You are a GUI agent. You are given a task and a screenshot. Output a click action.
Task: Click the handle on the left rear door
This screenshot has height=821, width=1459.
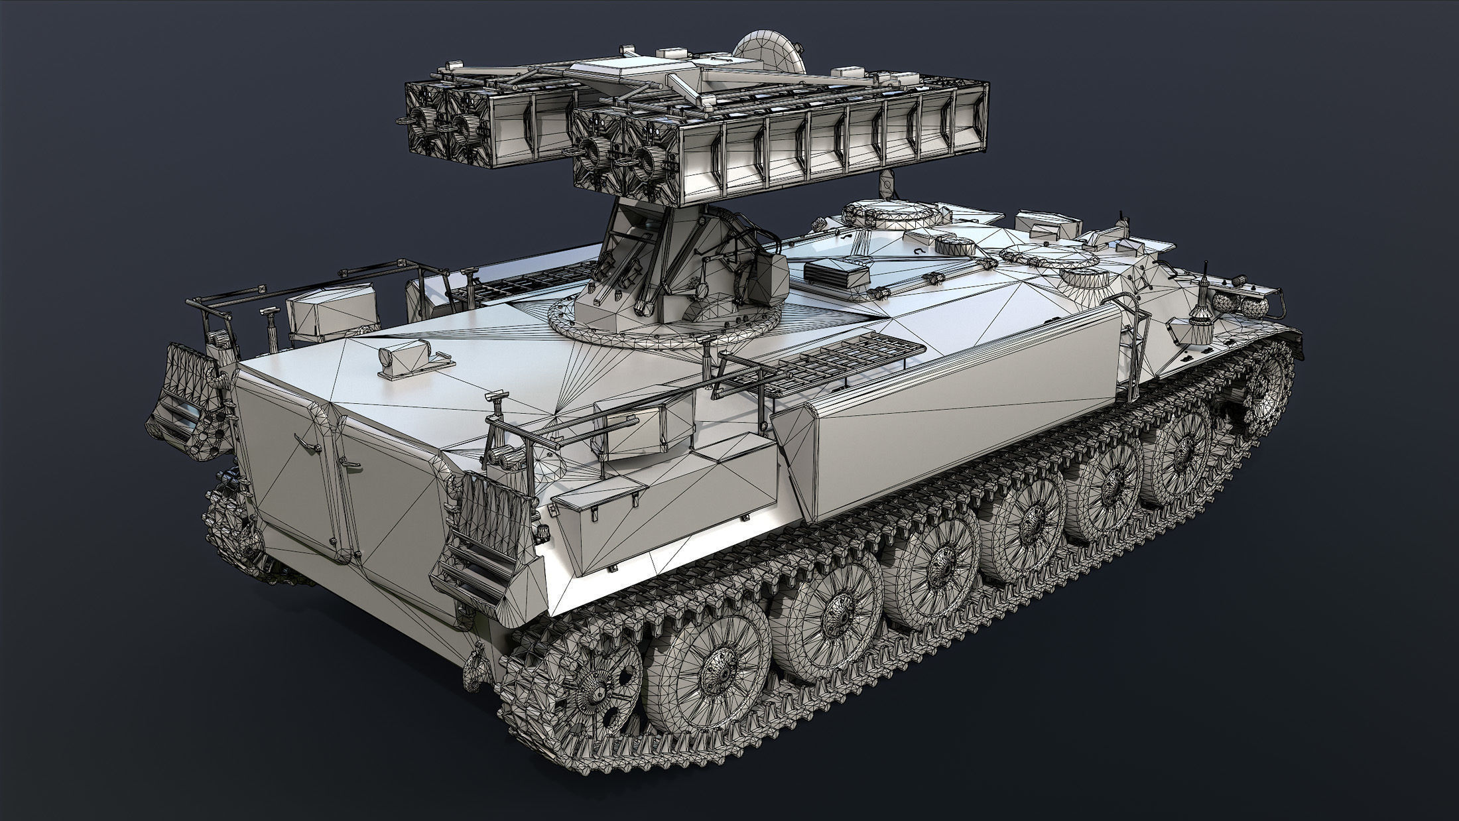point(305,442)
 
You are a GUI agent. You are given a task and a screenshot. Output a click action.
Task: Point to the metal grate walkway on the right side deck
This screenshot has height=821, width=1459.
point(842,361)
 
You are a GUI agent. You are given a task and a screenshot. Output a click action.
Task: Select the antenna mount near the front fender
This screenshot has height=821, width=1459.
point(1204,312)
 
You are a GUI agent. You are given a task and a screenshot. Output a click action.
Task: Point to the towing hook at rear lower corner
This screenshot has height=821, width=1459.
point(475,657)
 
